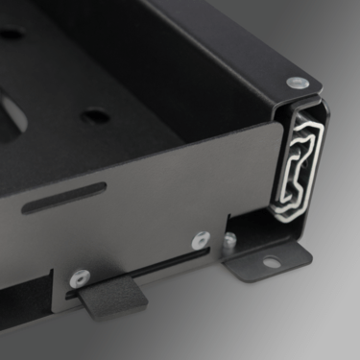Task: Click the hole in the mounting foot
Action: coord(272,261)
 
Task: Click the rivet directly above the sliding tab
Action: coord(80,278)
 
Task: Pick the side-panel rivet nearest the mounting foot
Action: coord(199,240)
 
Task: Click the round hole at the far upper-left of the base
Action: coord(12,34)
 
